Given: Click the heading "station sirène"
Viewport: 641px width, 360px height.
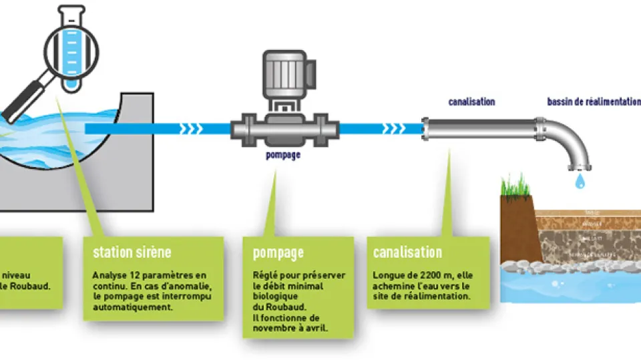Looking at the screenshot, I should point(132,252).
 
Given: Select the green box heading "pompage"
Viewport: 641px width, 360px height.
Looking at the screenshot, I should point(278,252).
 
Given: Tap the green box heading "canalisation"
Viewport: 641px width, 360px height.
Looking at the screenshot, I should point(407,252).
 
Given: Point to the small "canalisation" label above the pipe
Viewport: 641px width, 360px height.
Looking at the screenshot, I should point(471,102).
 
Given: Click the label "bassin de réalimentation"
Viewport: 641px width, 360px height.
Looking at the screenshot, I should point(593,102).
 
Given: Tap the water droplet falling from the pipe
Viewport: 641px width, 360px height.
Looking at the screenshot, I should point(578,180).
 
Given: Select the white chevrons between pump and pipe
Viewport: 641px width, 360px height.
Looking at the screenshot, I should point(393,128).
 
